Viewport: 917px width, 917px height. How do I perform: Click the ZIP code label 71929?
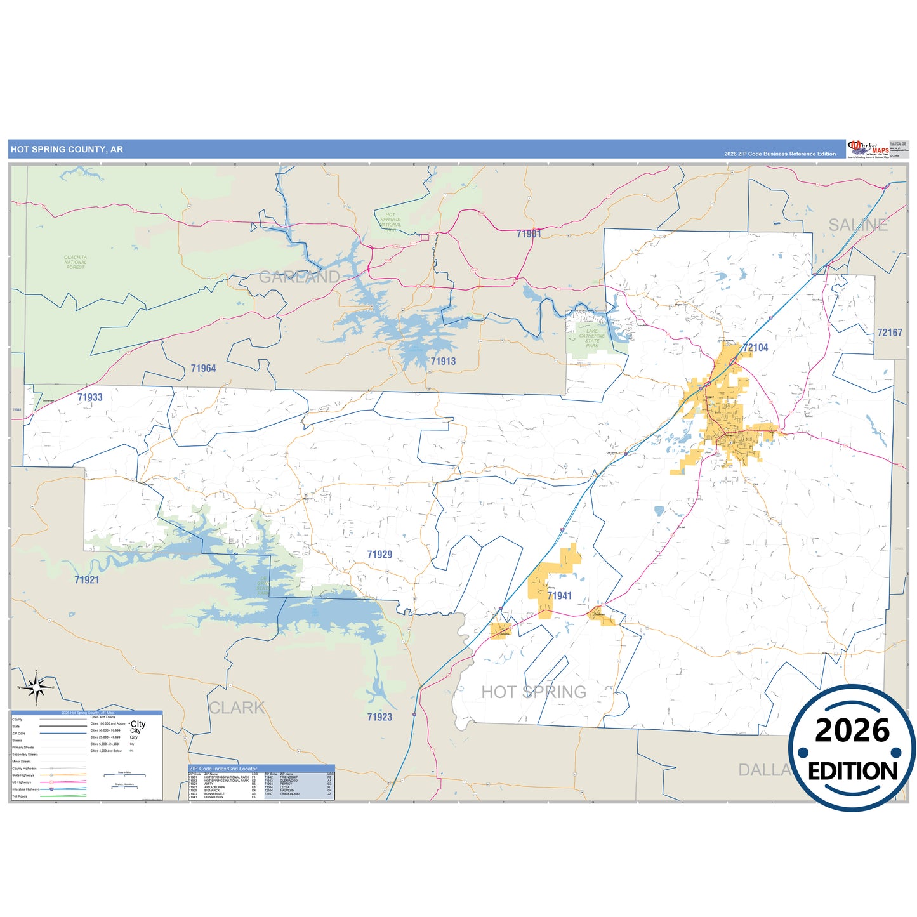coord(379,555)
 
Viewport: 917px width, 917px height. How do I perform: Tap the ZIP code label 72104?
coord(755,348)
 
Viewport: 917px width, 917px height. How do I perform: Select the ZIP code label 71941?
coord(559,596)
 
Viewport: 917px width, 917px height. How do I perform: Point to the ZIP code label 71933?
coord(90,398)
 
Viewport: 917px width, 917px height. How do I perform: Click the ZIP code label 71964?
coord(203,369)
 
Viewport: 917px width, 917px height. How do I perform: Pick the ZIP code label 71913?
coord(443,362)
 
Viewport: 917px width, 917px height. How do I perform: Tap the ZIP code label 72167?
coord(889,333)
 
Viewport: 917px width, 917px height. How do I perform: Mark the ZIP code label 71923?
coord(379,717)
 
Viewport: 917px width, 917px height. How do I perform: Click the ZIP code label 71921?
coord(87,580)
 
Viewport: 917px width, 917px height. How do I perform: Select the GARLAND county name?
coord(299,277)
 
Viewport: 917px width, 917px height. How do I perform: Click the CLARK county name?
coord(237,708)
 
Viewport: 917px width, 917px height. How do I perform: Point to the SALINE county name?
coord(858,225)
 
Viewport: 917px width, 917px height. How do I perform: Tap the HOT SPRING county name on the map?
coord(534,692)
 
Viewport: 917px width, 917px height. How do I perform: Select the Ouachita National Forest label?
coord(76,262)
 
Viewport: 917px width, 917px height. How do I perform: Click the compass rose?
coord(37,687)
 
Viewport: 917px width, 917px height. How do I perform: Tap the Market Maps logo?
coord(868,149)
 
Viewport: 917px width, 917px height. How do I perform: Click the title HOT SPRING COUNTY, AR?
coord(67,150)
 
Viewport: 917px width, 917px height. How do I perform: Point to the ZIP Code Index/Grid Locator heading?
coord(223,769)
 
